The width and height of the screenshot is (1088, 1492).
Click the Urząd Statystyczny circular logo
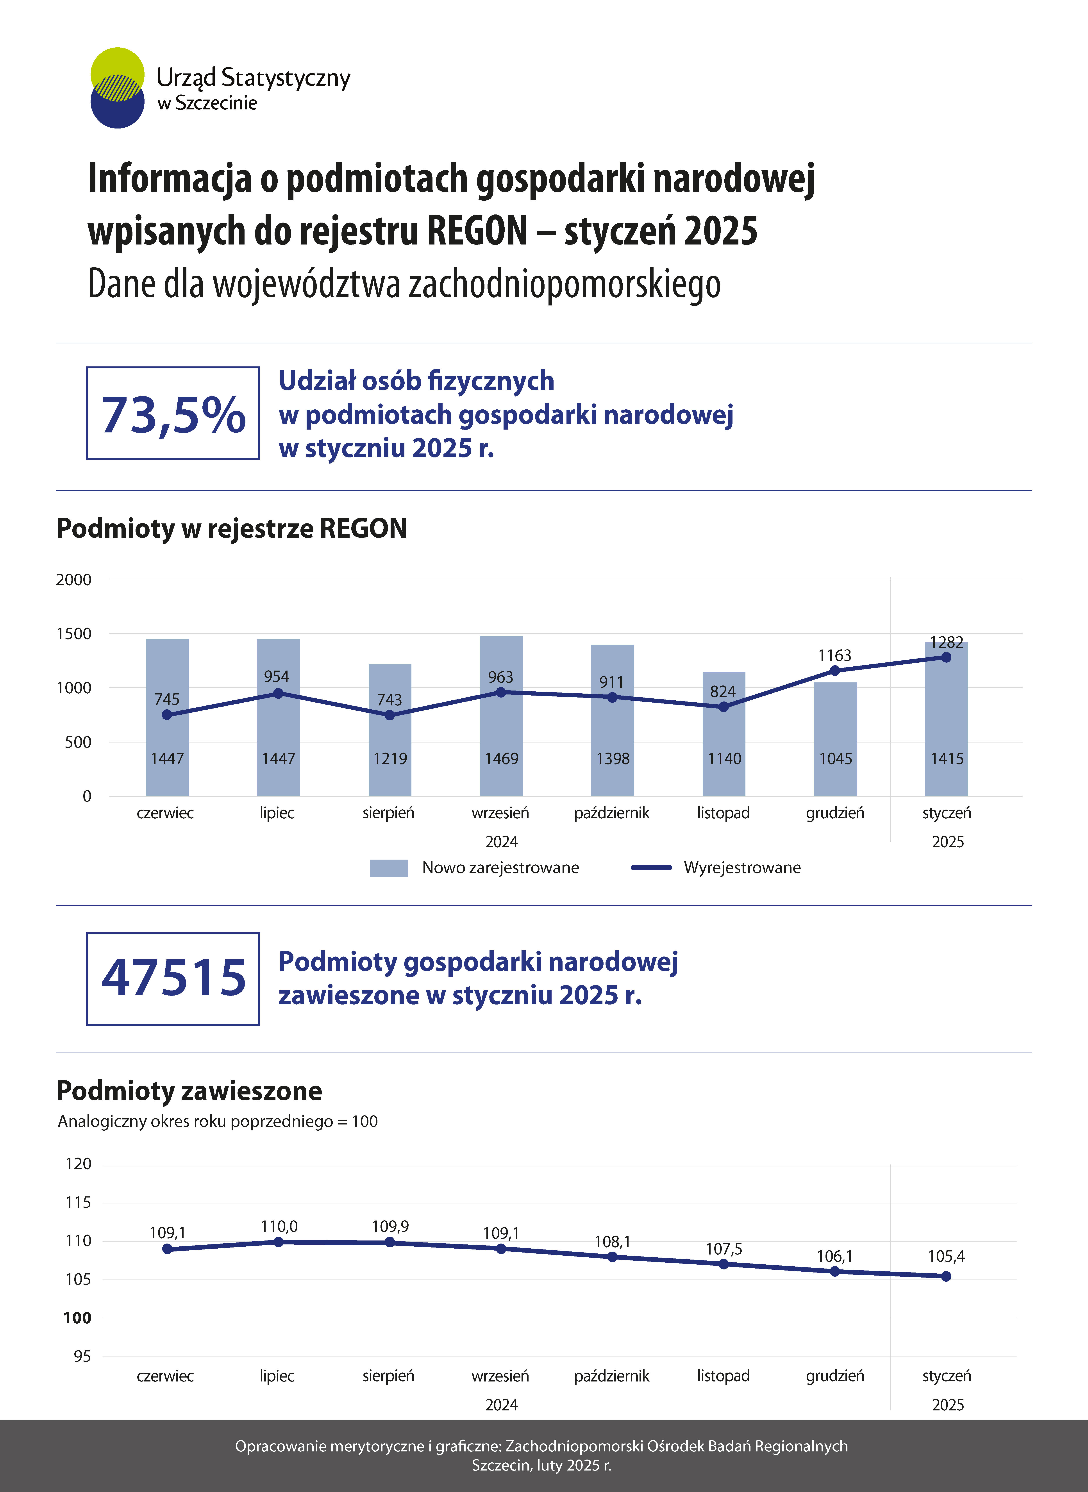(117, 87)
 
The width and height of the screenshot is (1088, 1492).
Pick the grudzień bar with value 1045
(835, 739)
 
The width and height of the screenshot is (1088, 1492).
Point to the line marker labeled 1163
(835, 670)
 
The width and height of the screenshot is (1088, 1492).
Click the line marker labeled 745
(167, 714)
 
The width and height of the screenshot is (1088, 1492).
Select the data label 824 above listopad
(723, 691)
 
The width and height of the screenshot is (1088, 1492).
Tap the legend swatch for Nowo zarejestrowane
(389, 868)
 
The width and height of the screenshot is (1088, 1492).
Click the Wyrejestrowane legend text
(742, 868)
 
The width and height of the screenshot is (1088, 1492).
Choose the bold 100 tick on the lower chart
(77, 1317)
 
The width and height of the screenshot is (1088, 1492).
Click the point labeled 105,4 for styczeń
(946, 1276)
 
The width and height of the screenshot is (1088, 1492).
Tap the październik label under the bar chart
(612, 813)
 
